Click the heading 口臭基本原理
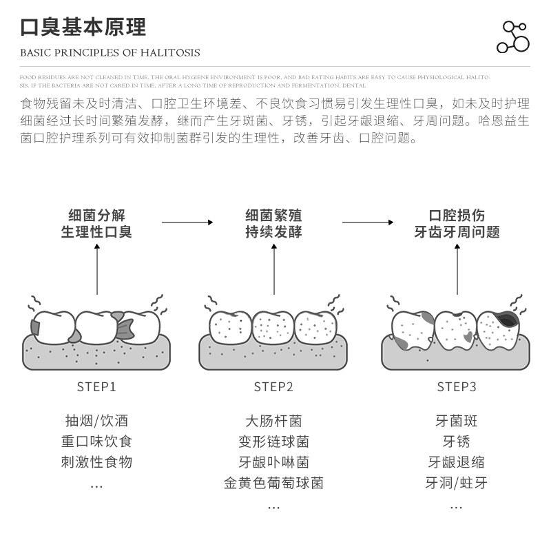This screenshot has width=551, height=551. (x=83, y=28)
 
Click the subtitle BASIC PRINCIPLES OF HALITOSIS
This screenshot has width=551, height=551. (x=110, y=52)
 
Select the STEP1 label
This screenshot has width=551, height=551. (x=96, y=386)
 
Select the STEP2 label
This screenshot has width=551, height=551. (x=273, y=386)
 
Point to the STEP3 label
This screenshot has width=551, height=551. (x=457, y=386)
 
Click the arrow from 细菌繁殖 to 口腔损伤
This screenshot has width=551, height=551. (x=368, y=222)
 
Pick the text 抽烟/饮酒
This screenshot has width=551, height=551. (x=96, y=421)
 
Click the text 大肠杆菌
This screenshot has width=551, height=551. (x=273, y=421)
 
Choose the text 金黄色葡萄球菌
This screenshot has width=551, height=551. (x=273, y=483)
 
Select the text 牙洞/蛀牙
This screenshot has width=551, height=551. (x=456, y=483)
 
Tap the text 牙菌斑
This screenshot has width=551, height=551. (x=456, y=421)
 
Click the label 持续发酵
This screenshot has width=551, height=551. (x=273, y=232)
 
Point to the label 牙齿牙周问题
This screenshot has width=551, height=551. (x=457, y=232)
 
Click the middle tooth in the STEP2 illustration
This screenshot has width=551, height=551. (x=273, y=325)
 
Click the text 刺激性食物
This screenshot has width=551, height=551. (x=96, y=462)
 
